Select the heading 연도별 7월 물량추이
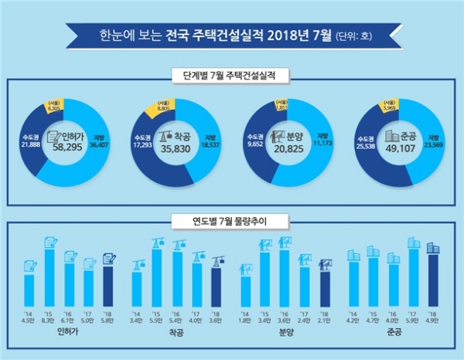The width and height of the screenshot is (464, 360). (x=231, y=222)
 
